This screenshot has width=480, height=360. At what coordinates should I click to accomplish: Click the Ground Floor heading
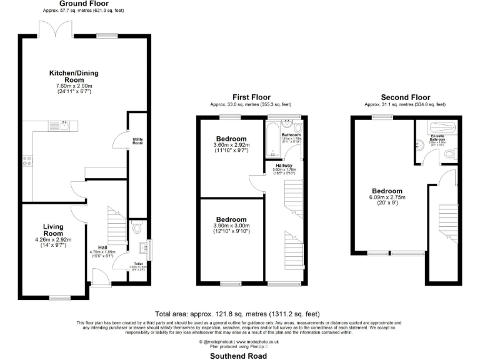pos(84,4)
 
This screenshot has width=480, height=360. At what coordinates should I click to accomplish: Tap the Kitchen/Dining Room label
pos(74,76)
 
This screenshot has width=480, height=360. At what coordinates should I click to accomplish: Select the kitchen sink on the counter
pos(64,125)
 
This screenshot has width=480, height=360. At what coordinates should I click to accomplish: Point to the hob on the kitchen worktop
pos(27,162)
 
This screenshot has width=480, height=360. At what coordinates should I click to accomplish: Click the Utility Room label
pos(137,141)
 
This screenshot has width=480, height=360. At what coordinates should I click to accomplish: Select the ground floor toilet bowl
pos(138,228)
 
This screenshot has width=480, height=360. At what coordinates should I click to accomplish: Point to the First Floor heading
pos(250,97)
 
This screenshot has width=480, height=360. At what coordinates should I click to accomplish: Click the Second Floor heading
pos(406,97)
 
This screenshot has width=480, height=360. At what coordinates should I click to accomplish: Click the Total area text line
pos(237,314)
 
